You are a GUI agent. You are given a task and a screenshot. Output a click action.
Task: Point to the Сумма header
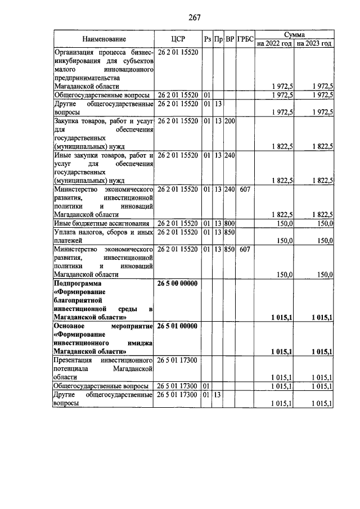[294, 35]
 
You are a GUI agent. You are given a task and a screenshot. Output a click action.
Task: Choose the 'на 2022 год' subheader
[274, 43]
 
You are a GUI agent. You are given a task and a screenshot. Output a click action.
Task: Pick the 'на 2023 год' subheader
[314, 43]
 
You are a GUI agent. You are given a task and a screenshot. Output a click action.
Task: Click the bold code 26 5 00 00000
[178, 283]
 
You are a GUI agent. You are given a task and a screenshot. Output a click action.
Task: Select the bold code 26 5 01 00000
[178, 326]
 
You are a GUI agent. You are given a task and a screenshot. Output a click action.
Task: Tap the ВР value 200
[229, 120]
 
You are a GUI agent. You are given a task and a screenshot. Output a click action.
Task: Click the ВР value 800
[229, 223]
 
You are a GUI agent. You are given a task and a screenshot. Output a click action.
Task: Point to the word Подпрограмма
[76, 283]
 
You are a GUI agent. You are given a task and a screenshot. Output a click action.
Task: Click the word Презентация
[75, 359]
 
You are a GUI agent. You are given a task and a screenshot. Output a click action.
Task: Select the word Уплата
[66, 232]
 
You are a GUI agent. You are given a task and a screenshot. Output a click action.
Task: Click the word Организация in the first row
[76, 52]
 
